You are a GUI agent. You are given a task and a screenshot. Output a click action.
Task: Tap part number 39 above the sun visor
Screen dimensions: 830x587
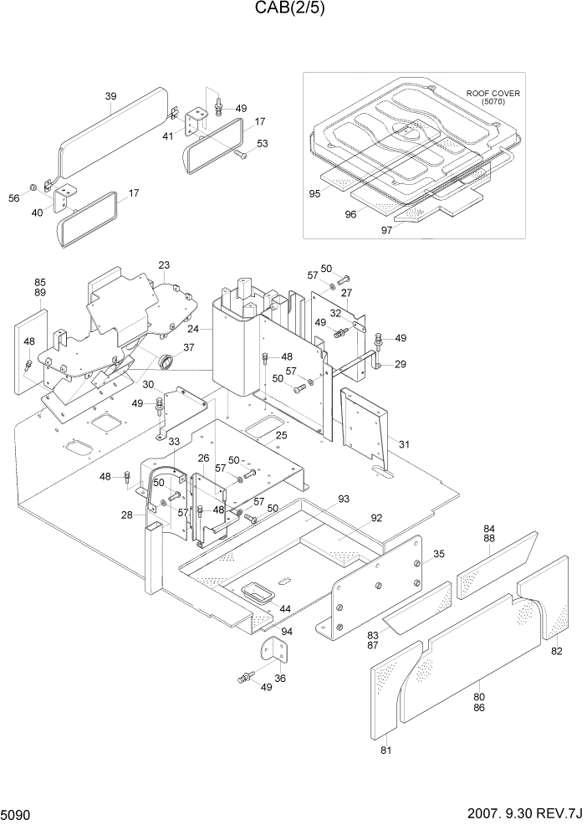point(110,97)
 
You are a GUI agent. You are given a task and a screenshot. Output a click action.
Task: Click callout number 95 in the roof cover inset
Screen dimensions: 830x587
point(314,193)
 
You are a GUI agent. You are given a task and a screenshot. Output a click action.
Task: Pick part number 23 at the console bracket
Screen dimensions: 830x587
point(164,266)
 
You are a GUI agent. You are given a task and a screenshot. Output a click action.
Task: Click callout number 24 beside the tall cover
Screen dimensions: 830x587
point(193,330)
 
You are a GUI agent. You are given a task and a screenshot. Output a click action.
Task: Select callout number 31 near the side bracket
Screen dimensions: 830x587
point(404,443)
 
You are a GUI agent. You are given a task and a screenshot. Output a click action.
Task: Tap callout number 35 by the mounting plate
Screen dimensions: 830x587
point(439,554)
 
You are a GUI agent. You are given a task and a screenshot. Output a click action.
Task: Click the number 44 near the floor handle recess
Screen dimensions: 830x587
point(285,608)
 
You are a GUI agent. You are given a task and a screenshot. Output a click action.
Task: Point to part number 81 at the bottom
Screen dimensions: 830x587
point(385,750)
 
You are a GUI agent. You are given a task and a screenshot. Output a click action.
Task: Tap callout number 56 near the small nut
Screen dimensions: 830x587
point(14,197)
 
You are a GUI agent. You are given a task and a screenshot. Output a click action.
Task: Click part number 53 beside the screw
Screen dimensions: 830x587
point(262,144)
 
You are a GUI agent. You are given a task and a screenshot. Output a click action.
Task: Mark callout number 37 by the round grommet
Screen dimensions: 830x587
point(189,348)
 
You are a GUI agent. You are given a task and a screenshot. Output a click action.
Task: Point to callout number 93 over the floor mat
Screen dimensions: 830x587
point(344,500)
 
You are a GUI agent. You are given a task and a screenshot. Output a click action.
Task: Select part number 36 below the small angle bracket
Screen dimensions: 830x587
point(280,679)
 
